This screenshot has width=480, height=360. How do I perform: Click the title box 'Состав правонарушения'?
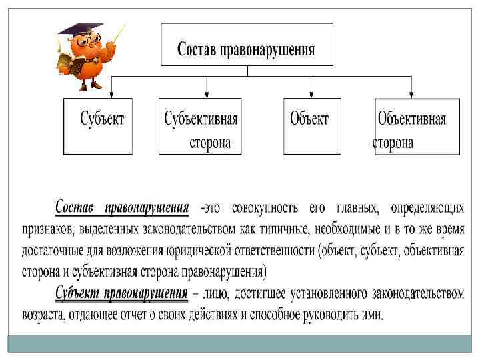click(x=246, y=44)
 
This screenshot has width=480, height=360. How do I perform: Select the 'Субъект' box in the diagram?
click(x=98, y=127)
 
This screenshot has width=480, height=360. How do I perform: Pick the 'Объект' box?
click(x=311, y=127)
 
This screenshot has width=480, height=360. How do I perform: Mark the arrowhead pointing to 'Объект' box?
click(x=311, y=94)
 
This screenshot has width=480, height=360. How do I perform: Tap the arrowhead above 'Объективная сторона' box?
click(x=411, y=94)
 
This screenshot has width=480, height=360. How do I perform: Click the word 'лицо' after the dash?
click(x=224, y=293)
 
